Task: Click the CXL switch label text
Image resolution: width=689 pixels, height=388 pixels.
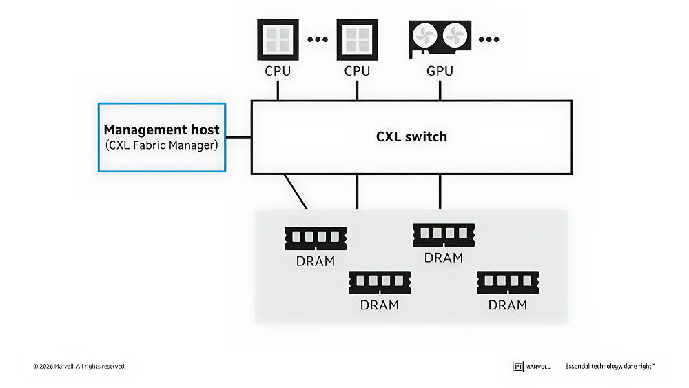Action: pos(411,136)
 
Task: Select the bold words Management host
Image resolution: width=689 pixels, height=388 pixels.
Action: pos(161,130)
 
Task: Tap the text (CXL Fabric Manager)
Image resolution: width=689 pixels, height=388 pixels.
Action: pos(161,145)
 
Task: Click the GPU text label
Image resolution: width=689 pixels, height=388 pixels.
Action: pos(440,71)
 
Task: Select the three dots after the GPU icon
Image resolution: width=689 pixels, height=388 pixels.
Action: pos(489,39)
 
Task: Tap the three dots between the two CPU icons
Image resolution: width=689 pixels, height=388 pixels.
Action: pos(318,39)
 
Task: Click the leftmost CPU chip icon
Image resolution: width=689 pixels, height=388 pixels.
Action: pos(278,39)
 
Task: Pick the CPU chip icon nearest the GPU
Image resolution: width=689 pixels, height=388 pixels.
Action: pos(357,39)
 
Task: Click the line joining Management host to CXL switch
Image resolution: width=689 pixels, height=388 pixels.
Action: pos(238,137)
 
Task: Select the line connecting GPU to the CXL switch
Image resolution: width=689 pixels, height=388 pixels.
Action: pos(440,89)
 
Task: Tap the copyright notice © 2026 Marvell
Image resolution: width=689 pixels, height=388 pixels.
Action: pos(79,367)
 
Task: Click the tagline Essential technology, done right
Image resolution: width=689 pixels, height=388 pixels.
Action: pos(609,367)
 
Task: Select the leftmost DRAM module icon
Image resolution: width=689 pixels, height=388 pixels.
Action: pos(316,238)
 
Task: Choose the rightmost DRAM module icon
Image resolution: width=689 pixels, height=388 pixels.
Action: pos(508,282)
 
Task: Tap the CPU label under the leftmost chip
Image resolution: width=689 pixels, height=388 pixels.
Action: pos(278,71)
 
